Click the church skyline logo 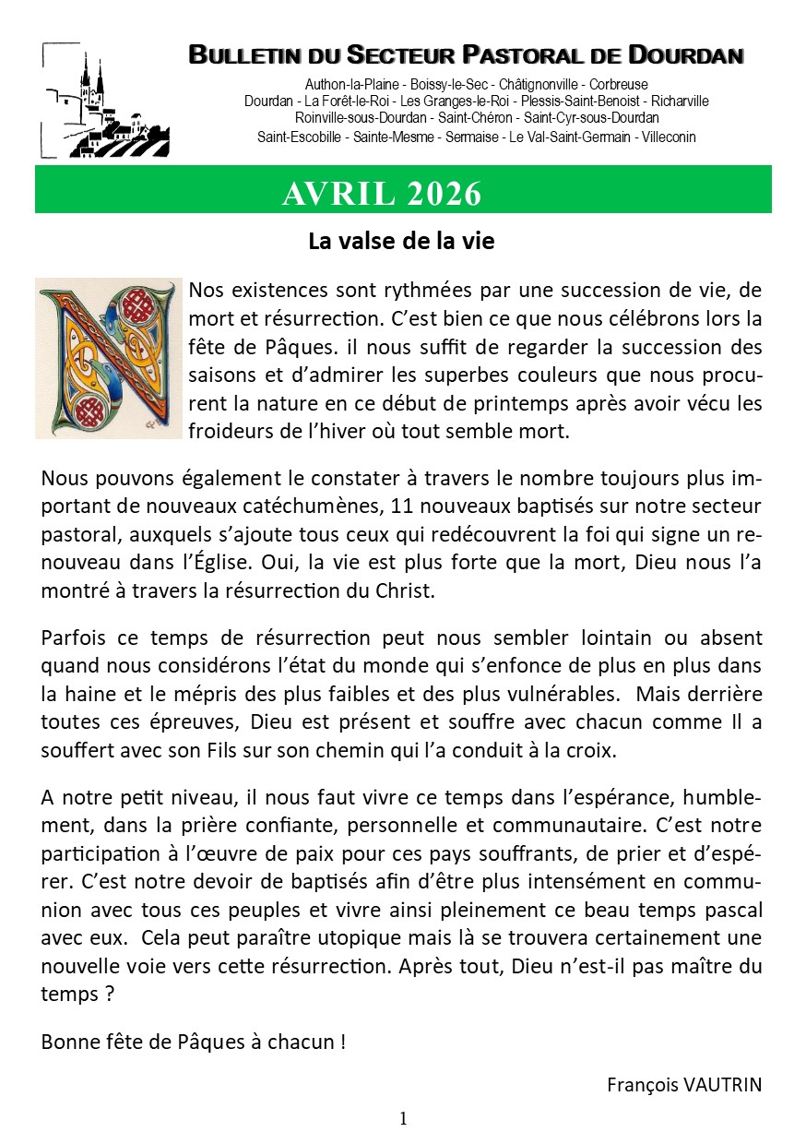coord(105,100)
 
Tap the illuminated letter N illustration coord(104,358)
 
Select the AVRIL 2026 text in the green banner coord(382,194)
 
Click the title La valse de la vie coord(401,242)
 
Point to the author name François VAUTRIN coord(684,1084)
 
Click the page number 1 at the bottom coord(403,1119)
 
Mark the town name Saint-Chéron coord(475,119)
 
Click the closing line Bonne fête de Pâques coord(194,1043)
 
